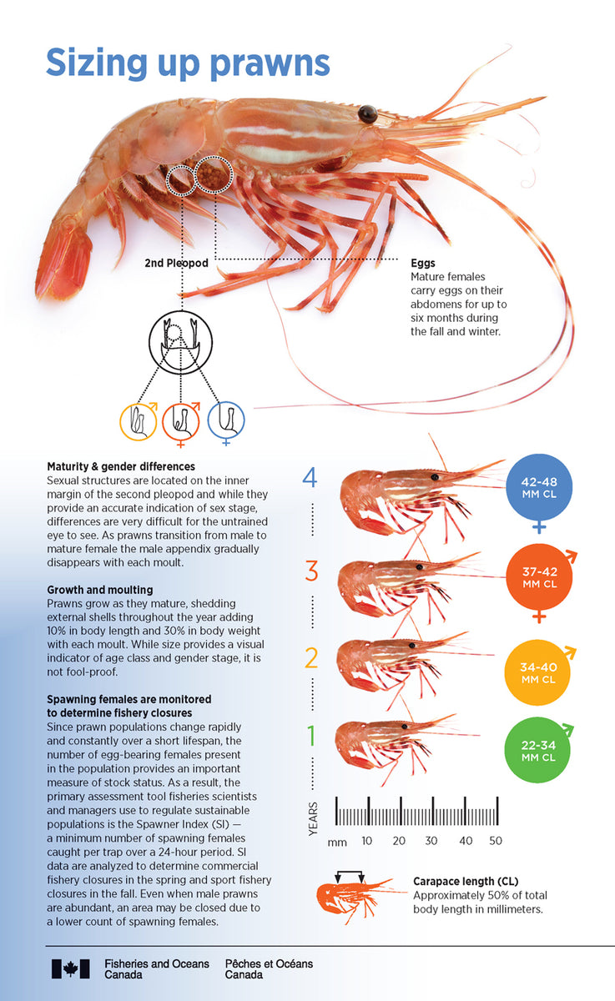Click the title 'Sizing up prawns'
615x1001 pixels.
pyautogui.click(x=188, y=63)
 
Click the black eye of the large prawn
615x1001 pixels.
pyautogui.click(x=367, y=113)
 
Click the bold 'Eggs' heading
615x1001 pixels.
pyautogui.click(x=423, y=263)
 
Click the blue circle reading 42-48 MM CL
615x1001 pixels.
pyautogui.click(x=538, y=487)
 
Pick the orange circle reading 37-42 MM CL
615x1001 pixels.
pyautogui.click(x=538, y=577)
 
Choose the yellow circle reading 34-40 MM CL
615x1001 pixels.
pyautogui.click(x=538, y=672)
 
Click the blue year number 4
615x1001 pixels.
pyautogui.click(x=310, y=478)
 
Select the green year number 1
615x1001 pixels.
pyautogui.click(x=311, y=737)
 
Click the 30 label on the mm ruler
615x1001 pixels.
pyautogui.click(x=431, y=841)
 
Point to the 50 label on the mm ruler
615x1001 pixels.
pyautogui.click(x=496, y=841)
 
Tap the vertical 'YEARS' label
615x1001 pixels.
pyautogui.click(x=313, y=819)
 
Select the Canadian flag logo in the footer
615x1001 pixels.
pyautogui.click(x=70, y=968)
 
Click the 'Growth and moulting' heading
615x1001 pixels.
pyautogui.click(x=99, y=590)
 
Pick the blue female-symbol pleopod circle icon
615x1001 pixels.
pyautogui.click(x=226, y=420)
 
